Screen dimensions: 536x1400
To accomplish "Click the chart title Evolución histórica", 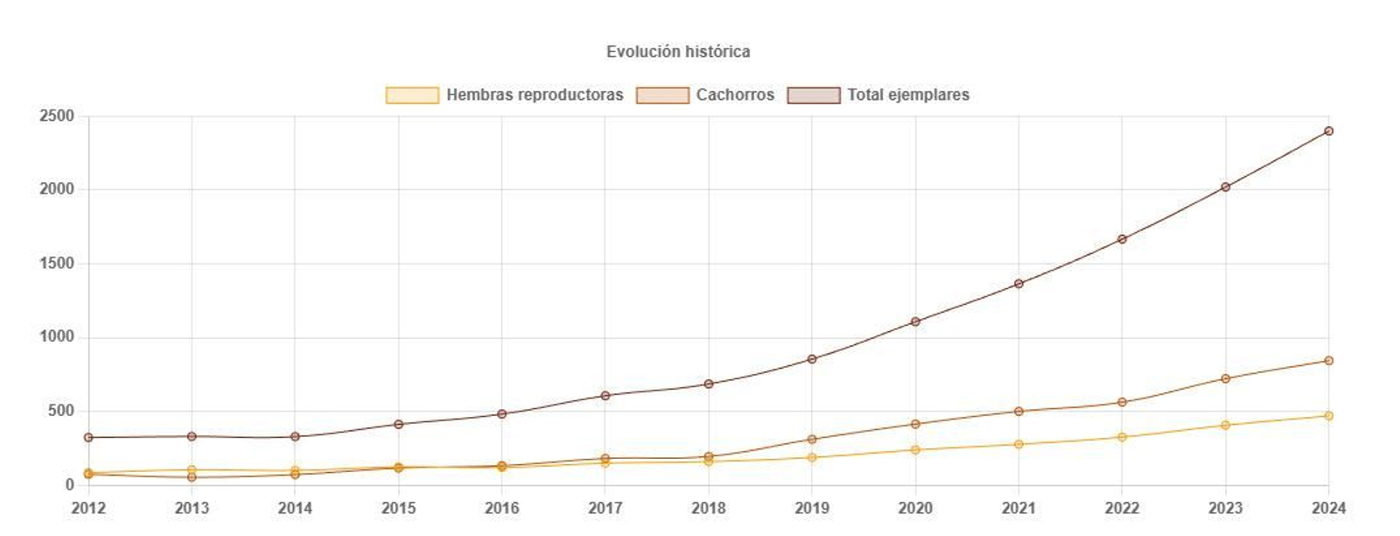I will point(678,52).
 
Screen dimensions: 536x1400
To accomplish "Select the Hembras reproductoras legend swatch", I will point(412,95).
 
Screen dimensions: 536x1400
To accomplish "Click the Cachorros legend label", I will point(735,95).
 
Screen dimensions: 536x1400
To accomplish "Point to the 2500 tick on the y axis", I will point(56,116).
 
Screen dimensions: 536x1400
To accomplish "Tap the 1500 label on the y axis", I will point(56,264).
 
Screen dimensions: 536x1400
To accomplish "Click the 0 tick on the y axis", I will point(70,485).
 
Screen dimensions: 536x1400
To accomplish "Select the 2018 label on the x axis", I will point(708,508).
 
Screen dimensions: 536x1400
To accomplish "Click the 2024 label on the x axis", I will point(1328,508).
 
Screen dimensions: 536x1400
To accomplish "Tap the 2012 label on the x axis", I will point(87,508).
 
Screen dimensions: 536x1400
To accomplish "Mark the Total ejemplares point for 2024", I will point(1328,130).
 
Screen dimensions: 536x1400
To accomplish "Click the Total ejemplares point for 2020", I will point(915,321).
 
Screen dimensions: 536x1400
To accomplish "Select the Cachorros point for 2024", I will point(1328,361).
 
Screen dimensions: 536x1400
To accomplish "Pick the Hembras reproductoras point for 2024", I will point(1328,416).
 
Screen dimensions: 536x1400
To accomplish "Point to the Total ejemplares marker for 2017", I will point(605,395).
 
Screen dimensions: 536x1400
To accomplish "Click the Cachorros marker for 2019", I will point(812,440).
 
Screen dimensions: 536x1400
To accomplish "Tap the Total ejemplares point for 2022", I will point(1122,239).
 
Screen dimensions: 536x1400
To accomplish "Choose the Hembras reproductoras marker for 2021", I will point(1018,444).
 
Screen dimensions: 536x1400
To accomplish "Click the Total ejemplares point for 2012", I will point(88,437).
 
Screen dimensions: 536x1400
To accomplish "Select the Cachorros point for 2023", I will point(1225,378).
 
